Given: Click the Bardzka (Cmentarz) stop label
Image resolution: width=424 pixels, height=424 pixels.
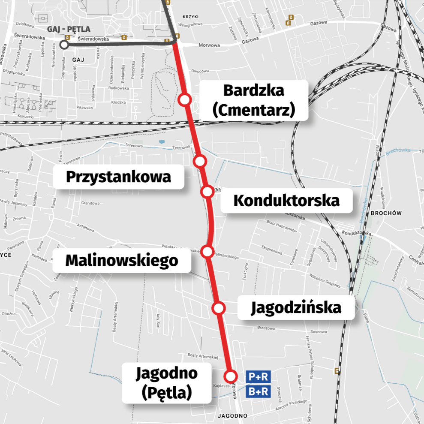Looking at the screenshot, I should click(254, 100).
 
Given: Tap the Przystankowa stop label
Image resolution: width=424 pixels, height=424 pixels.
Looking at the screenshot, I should click(119, 177).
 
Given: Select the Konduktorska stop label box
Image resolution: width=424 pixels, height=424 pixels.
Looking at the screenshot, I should click(286, 200).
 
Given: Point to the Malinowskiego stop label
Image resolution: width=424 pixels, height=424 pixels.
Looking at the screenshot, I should click(121, 260).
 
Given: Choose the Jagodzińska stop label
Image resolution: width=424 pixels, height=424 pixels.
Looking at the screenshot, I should click(296, 307).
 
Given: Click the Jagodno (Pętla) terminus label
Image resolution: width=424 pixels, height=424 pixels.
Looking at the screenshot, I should click(167, 383).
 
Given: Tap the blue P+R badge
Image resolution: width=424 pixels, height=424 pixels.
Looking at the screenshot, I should click(259, 377).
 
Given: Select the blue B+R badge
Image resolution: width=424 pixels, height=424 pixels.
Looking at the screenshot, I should click(259, 391).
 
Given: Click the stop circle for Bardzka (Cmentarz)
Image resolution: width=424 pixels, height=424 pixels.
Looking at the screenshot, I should click(185, 100).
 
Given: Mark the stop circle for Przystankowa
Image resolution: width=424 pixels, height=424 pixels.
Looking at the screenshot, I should click(200, 162).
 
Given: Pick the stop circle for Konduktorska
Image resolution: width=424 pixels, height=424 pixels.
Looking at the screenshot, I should click(207, 192).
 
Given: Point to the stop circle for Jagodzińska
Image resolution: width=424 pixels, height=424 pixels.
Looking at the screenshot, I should click(219, 308).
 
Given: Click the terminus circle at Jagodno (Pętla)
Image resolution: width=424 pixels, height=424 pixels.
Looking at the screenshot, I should click(231, 376).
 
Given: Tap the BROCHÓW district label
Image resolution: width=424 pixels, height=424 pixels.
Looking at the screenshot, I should click(386, 213).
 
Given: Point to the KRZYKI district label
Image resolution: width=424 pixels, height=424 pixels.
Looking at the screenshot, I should click(191, 17).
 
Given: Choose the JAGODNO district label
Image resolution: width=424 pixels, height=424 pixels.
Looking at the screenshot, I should click(232, 415).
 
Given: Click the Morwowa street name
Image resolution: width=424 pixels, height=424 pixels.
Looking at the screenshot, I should click(209, 45).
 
